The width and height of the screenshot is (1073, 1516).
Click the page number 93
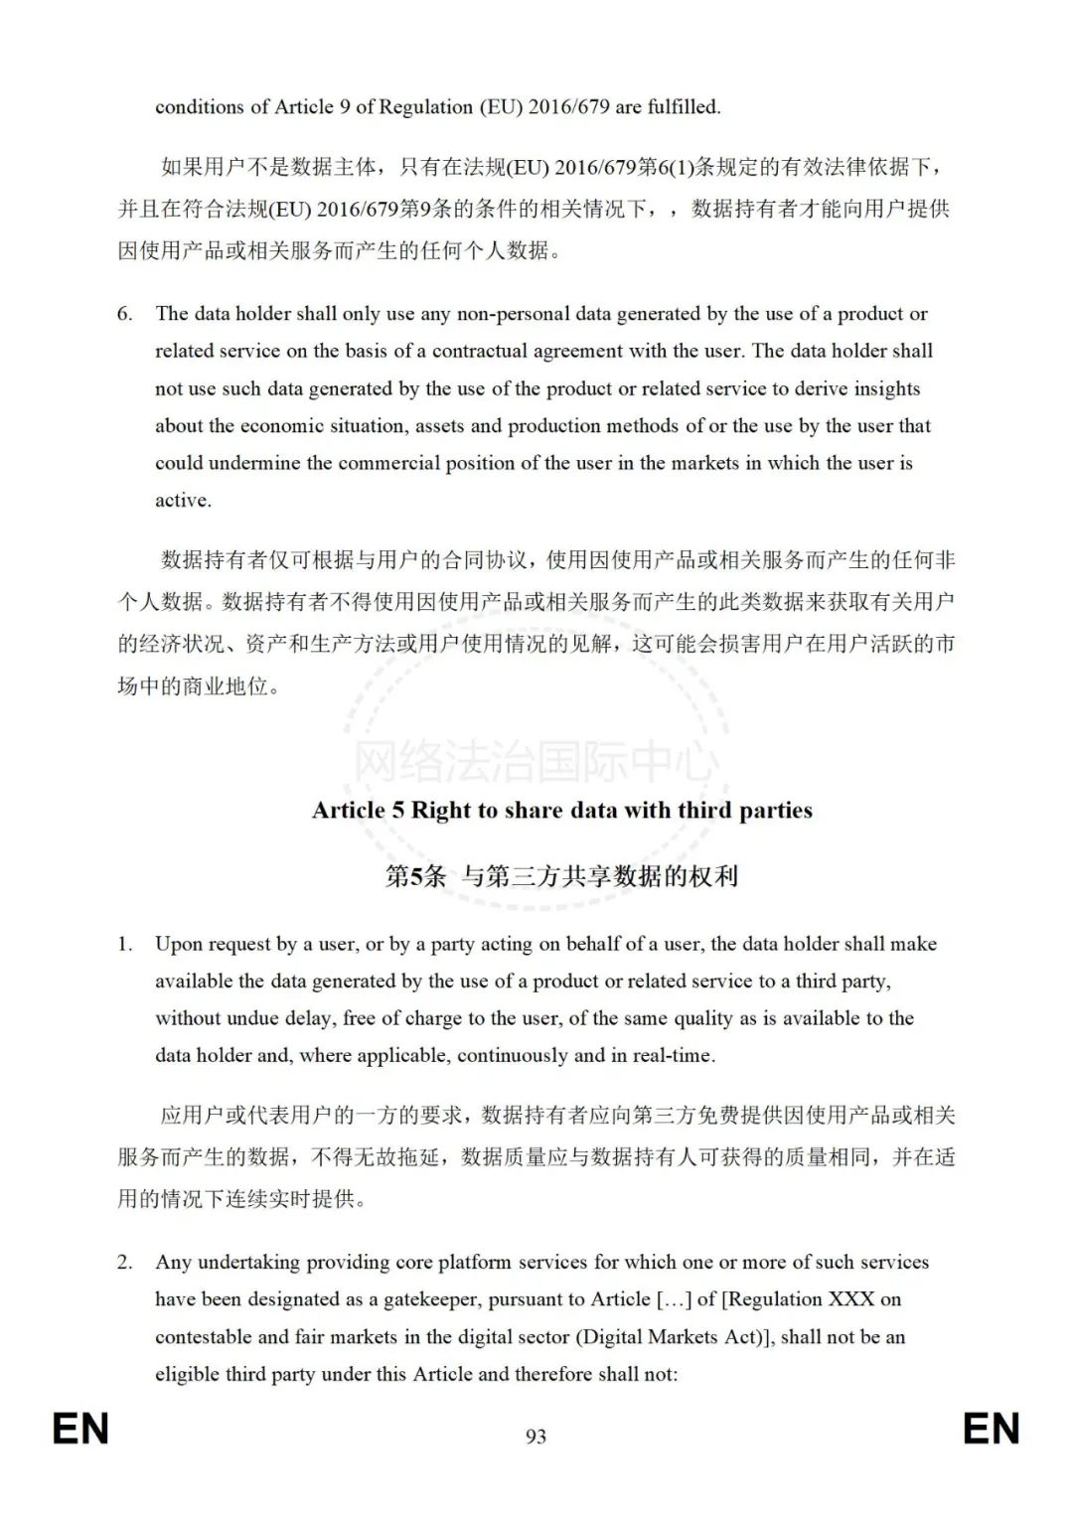[x=536, y=1436]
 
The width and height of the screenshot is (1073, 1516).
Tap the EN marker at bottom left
[x=80, y=1429]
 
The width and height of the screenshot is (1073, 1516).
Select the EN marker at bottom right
[x=991, y=1429]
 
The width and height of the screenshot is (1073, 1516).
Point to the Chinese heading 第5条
[x=415, y=876]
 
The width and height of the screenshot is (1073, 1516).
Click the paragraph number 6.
[x=124, y=314]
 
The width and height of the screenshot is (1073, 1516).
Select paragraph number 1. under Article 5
[x=124, y=944]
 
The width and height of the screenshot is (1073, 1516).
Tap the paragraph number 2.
[x=124, y=1263]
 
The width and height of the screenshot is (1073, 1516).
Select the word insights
[x=883, y=388]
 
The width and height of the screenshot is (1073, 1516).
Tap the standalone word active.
[x=183, y=501]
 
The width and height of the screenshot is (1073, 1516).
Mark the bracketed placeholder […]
[x=674, y=1299]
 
